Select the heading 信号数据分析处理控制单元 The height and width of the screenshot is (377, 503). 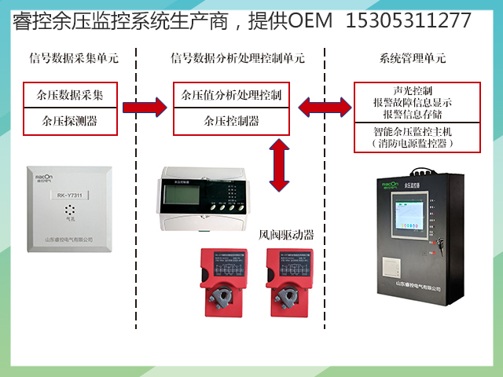[237, 58]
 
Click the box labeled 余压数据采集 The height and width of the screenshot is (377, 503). [70, 95]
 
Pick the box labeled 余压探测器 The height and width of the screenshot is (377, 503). [70, 121]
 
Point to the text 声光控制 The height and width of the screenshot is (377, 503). [412, 89]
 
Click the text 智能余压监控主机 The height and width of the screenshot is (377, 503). [412, 132]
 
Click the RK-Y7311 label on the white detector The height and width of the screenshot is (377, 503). [70, 193]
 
